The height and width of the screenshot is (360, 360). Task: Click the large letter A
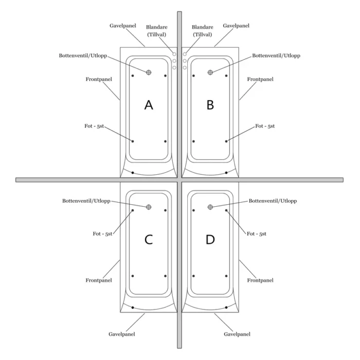coord(149,105)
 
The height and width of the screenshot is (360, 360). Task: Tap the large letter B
coord(210,105)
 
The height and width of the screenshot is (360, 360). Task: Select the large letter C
coord(149,240)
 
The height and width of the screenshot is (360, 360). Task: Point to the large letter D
coord(210,240)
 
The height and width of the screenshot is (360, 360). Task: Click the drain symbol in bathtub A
coord(149,73)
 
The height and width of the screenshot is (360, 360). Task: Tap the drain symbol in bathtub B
coord(210,73)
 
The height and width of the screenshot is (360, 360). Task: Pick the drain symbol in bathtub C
coord(149,207)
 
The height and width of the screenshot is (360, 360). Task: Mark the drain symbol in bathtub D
coord(210,207)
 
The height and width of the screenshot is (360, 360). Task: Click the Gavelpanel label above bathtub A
coord(123,26)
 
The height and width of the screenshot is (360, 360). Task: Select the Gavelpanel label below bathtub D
coord(237,334)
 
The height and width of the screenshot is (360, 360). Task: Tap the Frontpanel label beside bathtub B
coord(260,79)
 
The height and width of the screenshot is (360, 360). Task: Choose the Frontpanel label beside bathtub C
coord(99,280)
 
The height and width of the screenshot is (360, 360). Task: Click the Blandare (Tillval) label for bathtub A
coord(157,31)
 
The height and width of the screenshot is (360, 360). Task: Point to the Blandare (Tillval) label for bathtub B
coord(203,31)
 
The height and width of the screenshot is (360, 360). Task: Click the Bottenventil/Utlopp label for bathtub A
coord(83,56)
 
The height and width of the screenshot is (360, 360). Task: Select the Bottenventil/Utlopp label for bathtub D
coord(273,201)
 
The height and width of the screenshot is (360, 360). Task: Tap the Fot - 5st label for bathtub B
coord(265,126)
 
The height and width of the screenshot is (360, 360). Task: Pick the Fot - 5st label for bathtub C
coord(102,233)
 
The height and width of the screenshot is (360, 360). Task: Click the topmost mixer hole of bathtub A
coord(174,54)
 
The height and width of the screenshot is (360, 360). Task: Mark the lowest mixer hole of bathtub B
coord(185,68)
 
